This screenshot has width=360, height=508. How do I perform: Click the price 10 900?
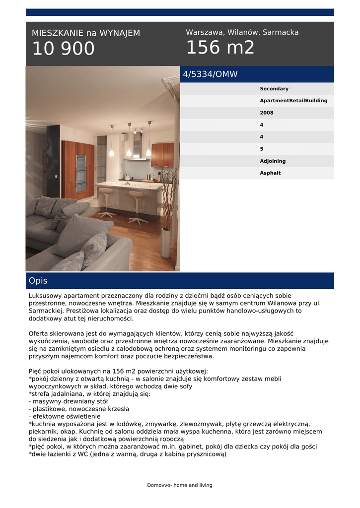(x=63, y=49)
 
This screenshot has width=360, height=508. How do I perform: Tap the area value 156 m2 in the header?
(x=220, y=48)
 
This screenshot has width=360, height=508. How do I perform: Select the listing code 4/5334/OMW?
(x=211, y=74)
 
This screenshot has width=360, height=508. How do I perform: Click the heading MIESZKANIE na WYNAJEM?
(x=86, y=33)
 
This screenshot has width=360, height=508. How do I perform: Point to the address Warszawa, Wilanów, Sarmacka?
(x=242, y=32)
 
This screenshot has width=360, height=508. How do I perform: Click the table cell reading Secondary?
(x=274, y=89)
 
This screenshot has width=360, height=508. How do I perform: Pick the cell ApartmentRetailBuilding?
(x=293, y=101)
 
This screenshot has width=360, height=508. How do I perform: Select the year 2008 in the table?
(x=267, y=113)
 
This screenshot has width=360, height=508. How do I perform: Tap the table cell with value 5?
(x=262, y=149)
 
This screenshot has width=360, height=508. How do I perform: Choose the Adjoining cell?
(x=273, y=161)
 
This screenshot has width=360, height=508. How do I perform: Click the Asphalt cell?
(x=270, y=173)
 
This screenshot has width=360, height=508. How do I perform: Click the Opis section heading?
(x=38, y=281)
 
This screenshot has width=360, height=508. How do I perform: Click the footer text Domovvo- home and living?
(x=180, y=485)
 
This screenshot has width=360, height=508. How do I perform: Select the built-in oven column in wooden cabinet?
(x=80, y=171)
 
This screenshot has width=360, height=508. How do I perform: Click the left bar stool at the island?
(x=106, y=202)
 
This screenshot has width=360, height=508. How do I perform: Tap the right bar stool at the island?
(x=137, y=206)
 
